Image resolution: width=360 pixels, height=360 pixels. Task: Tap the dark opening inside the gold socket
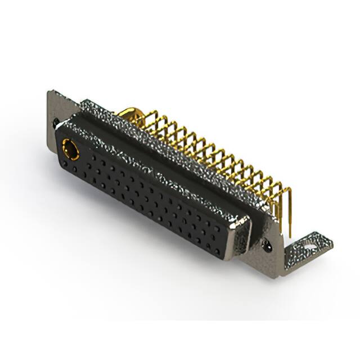(71, 149)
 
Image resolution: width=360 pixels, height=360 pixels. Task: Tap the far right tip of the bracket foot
(332, 242)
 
